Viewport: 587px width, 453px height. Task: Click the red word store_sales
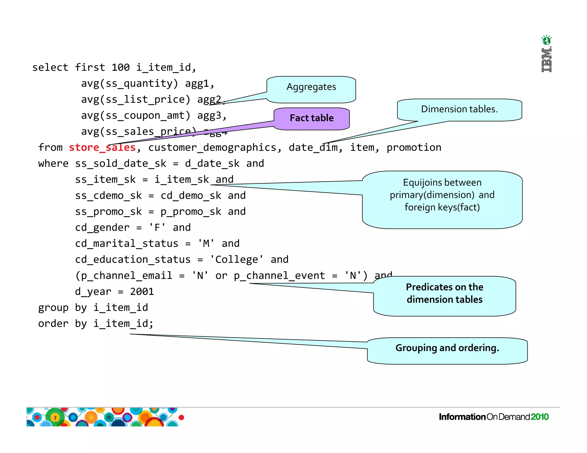point(102,147)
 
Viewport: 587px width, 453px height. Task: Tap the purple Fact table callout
point(312,118)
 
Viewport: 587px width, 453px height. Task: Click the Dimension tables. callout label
point(459,109)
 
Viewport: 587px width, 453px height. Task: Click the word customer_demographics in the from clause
point(212,148)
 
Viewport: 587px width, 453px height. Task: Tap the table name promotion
point(414,148)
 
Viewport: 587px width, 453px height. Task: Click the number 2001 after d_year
point(142,292)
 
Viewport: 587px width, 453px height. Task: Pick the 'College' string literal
point(236,260)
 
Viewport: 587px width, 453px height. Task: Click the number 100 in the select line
point(120,68)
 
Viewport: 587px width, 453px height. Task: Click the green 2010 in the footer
point(539,417)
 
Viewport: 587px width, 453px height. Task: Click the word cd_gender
point(102,228)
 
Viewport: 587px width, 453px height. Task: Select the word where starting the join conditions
point(53,164)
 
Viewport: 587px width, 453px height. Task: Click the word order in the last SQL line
point(53,324)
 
